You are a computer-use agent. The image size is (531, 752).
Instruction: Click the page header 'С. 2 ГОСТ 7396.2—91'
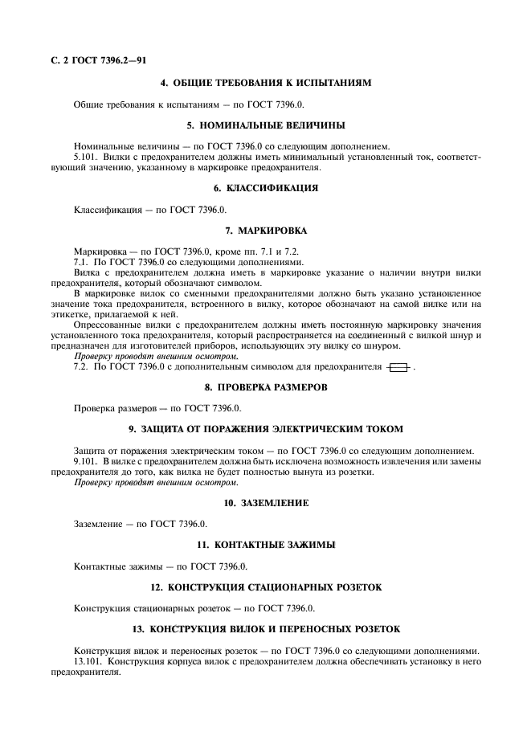coord(99,60)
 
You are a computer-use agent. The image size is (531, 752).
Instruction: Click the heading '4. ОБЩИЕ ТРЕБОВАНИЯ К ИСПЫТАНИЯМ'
coord(265,83)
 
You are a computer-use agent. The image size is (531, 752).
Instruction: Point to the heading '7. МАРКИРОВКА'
coord(265,230)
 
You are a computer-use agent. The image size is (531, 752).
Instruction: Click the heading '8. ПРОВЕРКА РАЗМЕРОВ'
coord(265,386)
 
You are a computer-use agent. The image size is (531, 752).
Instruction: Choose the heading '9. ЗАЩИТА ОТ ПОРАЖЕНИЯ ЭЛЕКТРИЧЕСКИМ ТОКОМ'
coord(265,428)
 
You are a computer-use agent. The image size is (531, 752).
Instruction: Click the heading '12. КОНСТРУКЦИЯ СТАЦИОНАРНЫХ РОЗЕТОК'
coord(265,586)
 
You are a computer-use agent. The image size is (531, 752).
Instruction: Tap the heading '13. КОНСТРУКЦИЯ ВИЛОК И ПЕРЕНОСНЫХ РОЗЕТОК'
coord(265,628)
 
